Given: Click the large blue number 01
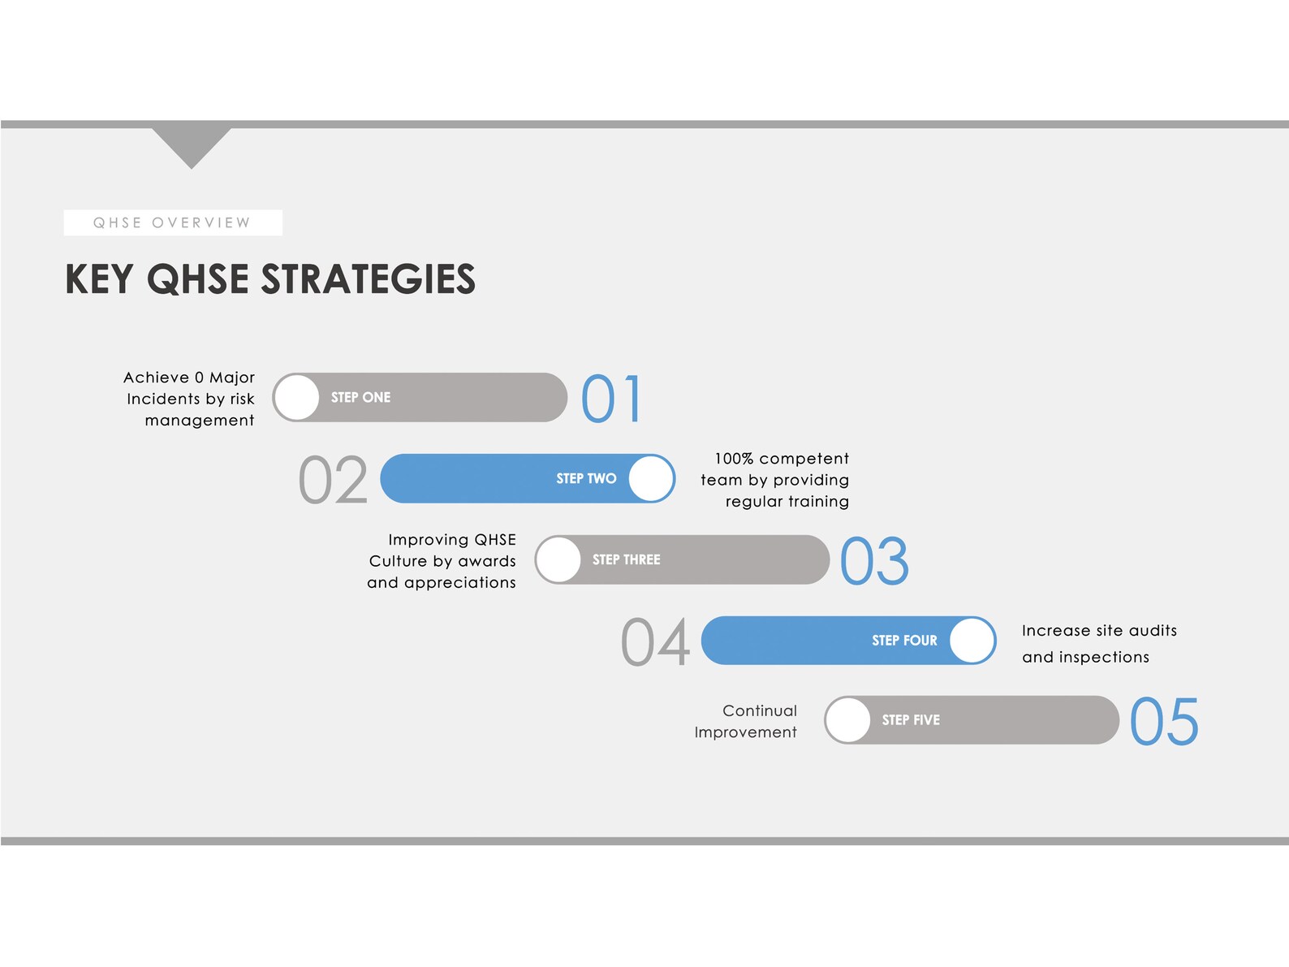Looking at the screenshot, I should coord(612,399).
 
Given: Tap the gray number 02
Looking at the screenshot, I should coord(333,480).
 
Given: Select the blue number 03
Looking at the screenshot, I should coord(874,561).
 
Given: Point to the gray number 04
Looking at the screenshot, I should coord(655,642).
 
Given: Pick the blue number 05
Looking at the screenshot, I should coord(1164,722).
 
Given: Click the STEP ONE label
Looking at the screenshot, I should coord(360,397).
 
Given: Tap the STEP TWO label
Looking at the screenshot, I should coord(586,478).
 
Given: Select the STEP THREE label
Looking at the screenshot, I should coord(626,559).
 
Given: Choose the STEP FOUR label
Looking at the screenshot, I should coord(904,641).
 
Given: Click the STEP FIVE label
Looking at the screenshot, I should coord(911,720).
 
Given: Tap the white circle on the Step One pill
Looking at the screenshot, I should coord(297,397).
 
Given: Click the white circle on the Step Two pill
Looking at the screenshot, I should coord(651,478).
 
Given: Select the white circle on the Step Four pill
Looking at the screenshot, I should coord(972,641).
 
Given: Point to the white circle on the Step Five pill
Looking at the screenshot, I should coord(848,720).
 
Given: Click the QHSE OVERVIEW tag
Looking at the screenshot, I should coord(173,222).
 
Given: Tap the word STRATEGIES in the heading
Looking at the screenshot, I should coord(368,279).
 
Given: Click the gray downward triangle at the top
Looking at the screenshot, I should coord(192,143).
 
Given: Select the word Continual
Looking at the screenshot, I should coord(760,710).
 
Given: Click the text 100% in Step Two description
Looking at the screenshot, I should coord(733,459).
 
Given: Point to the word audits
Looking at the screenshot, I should coord(1153,630).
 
